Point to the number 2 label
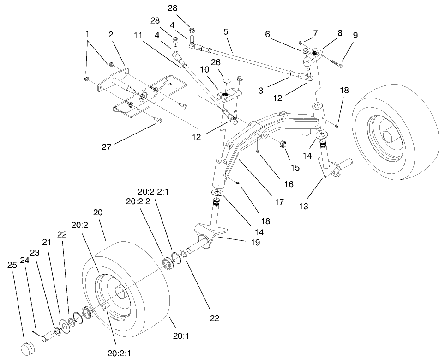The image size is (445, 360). (111, 34)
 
